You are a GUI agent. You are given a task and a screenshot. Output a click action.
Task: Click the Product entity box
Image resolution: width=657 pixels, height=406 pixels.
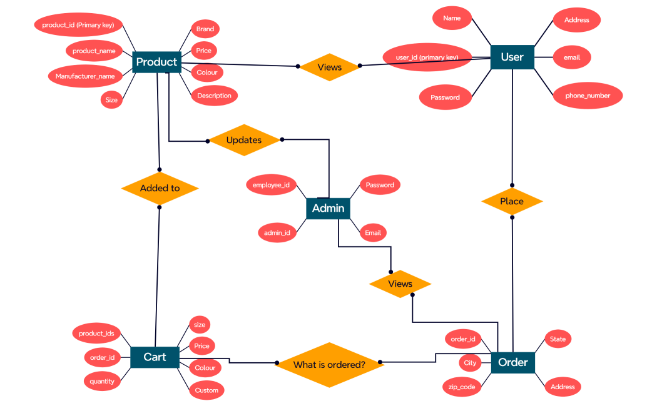tap(157, 62)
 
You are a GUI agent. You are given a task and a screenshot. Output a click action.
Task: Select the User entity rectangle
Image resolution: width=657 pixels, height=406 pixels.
tap(512, 57)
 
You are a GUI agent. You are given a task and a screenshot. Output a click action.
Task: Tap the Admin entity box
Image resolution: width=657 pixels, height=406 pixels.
tap(328, 208)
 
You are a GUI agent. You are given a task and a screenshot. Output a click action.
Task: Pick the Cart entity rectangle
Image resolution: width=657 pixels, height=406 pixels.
tap(155, 357)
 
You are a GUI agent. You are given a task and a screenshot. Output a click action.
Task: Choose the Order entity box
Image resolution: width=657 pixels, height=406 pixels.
tap(512, 362)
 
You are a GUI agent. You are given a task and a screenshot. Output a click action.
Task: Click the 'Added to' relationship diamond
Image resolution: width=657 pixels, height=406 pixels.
tap(160, 188)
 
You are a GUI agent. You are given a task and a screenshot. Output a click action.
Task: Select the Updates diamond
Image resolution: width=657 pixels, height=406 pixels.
tap(244, 140)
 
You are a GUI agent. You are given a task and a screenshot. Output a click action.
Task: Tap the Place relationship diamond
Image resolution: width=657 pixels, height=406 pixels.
tap(512, 201)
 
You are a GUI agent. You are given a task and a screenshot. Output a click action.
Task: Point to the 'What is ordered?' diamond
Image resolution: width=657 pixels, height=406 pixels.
tap(329, 364)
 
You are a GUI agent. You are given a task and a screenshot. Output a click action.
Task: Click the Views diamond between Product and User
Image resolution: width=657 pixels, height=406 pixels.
tap(330, 67)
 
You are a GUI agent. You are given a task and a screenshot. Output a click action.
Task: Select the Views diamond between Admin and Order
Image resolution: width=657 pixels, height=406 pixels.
tap(400, 284)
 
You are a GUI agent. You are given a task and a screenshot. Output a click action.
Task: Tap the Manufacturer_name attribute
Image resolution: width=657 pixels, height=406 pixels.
tap(85, 76)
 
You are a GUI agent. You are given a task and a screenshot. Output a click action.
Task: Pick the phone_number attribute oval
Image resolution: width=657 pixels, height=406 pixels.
tap(589, 96)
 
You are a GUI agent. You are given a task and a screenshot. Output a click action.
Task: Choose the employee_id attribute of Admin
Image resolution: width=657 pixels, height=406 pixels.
tap(271, 185)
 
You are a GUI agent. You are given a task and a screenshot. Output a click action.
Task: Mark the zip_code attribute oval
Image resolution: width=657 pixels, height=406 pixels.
tap(462, 387)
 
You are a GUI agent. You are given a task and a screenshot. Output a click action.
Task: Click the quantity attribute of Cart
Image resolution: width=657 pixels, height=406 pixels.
tap(102, 381)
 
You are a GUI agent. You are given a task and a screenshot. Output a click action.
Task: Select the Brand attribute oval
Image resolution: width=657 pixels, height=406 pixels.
tap(205, 29)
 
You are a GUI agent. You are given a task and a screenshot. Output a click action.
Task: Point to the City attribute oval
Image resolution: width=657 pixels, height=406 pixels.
tap(470, 363)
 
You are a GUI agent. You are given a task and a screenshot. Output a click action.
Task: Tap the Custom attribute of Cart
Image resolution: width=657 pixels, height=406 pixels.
tap(206, 390)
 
